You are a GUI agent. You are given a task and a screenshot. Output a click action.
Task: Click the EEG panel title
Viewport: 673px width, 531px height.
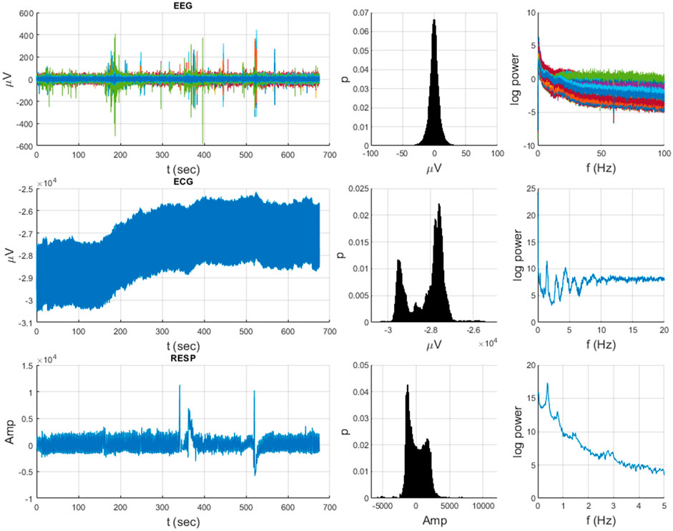[x=177, y=5]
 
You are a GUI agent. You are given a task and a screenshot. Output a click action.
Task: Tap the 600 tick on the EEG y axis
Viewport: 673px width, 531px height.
[x=22, y=14]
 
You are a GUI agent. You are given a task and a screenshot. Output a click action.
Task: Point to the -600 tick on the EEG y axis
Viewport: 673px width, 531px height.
[x=20, y=146]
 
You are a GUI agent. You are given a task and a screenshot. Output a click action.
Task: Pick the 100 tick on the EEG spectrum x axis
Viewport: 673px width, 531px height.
[x=663, y=155]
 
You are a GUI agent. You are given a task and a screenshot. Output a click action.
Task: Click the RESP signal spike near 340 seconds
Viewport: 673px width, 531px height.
[x=180, y=386]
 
